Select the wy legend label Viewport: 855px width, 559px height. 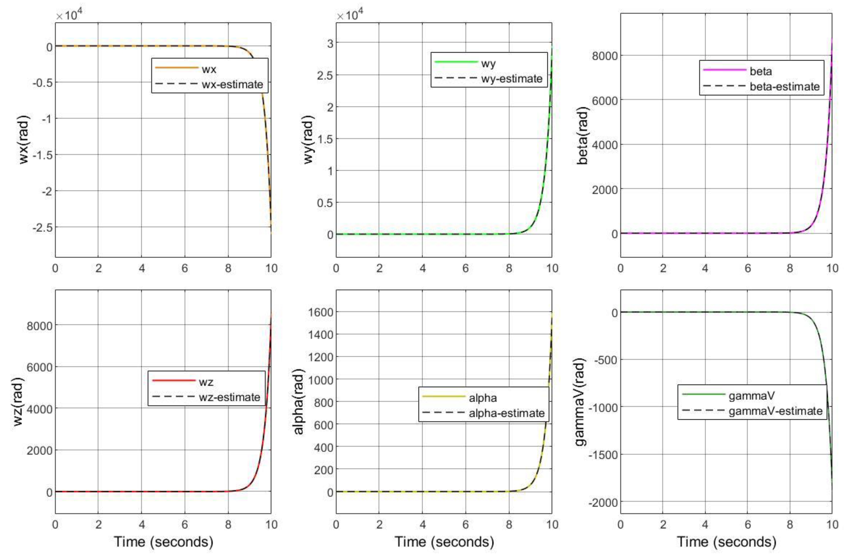tap(488, 63)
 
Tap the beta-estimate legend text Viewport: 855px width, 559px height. tap(785, 87)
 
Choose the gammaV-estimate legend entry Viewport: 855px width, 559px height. tap(775, 410)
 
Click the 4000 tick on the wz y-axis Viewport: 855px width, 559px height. tap(39, 409)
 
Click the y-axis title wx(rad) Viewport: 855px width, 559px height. tap(24, 139)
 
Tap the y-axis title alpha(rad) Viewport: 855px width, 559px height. tap(299, 401)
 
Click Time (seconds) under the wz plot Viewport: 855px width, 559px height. tap(163, 541)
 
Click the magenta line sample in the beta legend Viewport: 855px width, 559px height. tap(724, 70)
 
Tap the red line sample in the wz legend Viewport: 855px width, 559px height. tap(174, 380)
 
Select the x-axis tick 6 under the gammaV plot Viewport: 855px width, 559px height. tap(748, 524)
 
